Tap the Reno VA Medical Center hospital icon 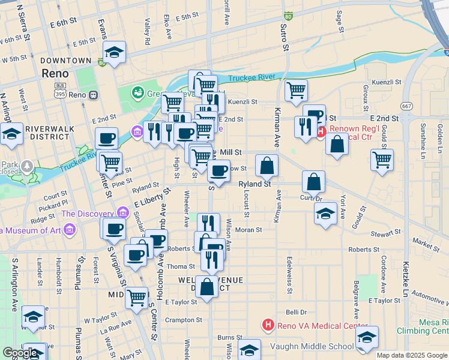[268, 326]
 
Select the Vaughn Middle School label [315, 346]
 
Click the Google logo [20, 353]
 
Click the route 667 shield [407, 106]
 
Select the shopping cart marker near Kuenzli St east [296, 91]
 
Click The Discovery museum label [88, 214]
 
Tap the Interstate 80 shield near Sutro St [288, 17]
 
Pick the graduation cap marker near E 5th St [114, 52]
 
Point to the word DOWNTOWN [66, 61]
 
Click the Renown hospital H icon [321, 131]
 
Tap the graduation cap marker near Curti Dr [325, 214]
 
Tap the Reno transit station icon [93, 95]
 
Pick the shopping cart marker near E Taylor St [137, 296]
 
